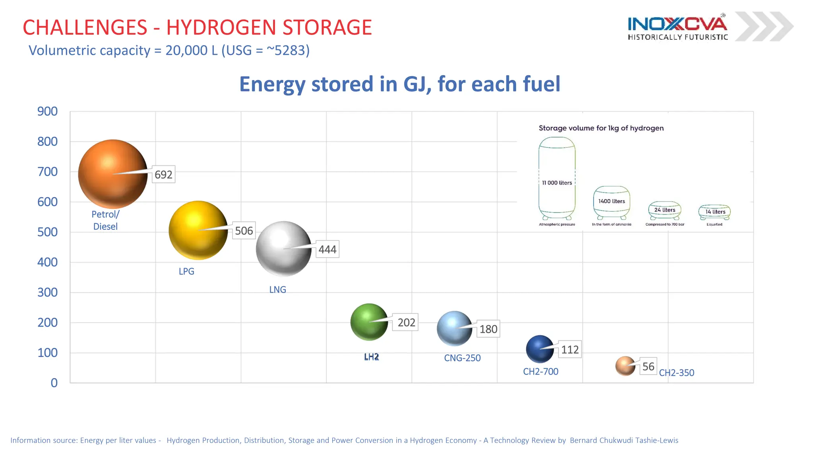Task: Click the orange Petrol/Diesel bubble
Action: click(112, 174)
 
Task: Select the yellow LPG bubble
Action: click(198, 230)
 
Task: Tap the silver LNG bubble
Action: click(283, 249)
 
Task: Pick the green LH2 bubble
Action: click(369, 322)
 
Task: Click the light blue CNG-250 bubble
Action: click(454, 328)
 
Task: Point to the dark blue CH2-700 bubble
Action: click(540, 349)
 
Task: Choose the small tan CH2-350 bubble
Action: click(625, 366)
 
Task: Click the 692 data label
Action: click(163, 175)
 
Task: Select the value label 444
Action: click(328, 249)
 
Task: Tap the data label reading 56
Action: click(648, 366)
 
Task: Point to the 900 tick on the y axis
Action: click(47, 111)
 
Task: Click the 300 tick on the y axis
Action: click(47, 293)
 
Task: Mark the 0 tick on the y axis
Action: click(54, 383)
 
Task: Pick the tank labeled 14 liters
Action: click(715, 212)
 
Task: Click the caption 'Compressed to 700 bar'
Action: click(665, 225)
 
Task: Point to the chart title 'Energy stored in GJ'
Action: click(399, 84)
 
